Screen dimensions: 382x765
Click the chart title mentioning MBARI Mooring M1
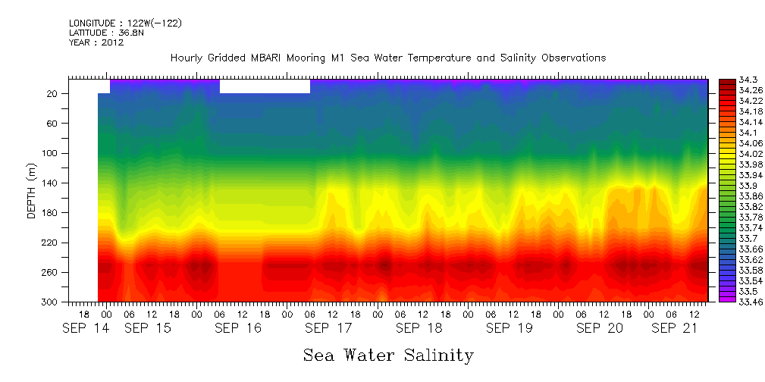pos(388,58)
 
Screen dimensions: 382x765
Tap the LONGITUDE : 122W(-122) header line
pos(125,23)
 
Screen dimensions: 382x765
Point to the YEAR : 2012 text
pos(96,43)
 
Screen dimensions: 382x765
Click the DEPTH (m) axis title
pos(32,190)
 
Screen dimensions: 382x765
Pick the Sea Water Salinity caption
pos(388,355)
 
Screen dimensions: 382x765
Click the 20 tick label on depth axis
pos(53,94)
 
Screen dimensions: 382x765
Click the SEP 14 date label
pos(84,328)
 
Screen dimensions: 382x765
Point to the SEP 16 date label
pos(237,328)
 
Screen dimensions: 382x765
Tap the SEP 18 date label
pos(419,328)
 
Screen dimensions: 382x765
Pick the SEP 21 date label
pos(674,328)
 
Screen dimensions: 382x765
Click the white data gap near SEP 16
pos(265,86)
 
